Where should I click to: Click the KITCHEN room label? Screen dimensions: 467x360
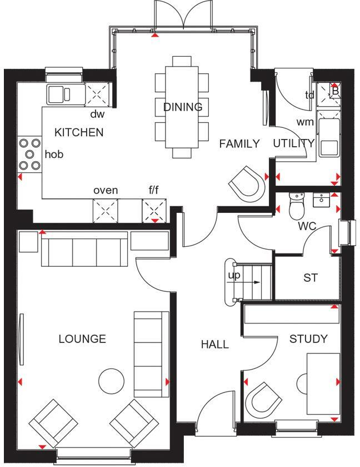79,132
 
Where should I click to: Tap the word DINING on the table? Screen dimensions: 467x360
183,107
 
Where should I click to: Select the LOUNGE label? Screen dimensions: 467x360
82,339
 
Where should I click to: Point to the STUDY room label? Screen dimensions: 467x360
308,339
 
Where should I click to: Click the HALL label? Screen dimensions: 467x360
214,345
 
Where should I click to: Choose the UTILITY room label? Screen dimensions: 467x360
293,143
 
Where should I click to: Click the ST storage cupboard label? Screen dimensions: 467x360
310,278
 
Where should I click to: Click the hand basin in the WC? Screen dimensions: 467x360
321,200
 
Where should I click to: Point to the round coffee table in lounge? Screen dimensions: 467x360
111,381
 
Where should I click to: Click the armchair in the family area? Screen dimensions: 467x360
247,183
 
